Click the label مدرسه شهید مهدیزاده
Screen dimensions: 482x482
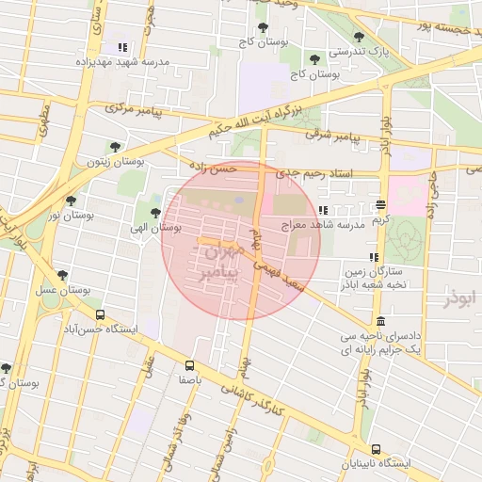tap(121, 62)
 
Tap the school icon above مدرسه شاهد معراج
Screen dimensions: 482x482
tap(323, 210)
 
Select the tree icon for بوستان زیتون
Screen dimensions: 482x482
tap(115, 147)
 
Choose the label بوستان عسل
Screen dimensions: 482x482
tap(61, 291)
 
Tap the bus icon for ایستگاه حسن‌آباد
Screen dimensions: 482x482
tap(100, 314)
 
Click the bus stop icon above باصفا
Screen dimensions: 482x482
tap(189, 364)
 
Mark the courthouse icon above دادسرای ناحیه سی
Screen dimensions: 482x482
tap(379, 321)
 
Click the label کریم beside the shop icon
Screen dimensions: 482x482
tap(380, 218)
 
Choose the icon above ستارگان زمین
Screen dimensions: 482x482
tap(375, 257)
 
